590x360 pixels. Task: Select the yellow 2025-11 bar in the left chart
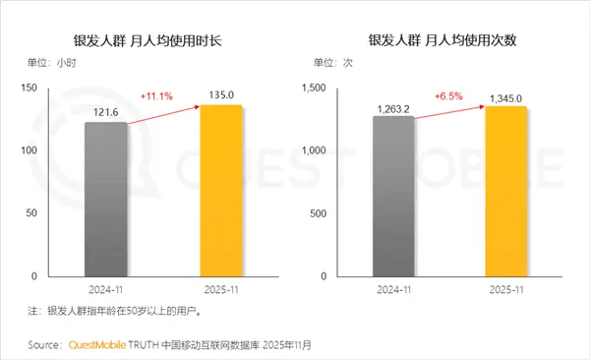point(220,191)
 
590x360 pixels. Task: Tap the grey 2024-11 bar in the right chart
point(393,197)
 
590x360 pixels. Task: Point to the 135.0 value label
point(220,96)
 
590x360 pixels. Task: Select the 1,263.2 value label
point(393,107)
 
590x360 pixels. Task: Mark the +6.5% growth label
point(448,96)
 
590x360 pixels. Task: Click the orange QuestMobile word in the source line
point(99,345)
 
